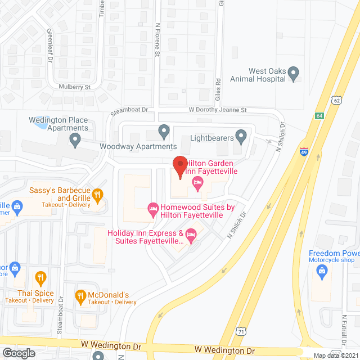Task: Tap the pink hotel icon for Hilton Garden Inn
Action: [x=197, y=182]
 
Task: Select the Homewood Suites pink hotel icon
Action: [x=152, y=209]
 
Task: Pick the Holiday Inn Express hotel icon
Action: [x=190, y=235]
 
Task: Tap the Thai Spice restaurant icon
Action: [x=40, y=277]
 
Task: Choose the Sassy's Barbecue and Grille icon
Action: [x=97, y=195]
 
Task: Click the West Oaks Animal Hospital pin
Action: [x=292, y=73]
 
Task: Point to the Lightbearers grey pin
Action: [x=241, y=135]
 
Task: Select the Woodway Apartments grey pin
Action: [x=164, y=132]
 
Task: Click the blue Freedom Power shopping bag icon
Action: [x=322, y=272]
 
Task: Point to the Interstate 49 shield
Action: [x=303, y=151]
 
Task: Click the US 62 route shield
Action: [x=336, y=100]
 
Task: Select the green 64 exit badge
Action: [x=319, y=116]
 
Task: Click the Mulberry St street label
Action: [x=74, y=87]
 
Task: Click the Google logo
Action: [x=19, y=353]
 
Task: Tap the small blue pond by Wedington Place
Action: [x=40, y=123]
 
